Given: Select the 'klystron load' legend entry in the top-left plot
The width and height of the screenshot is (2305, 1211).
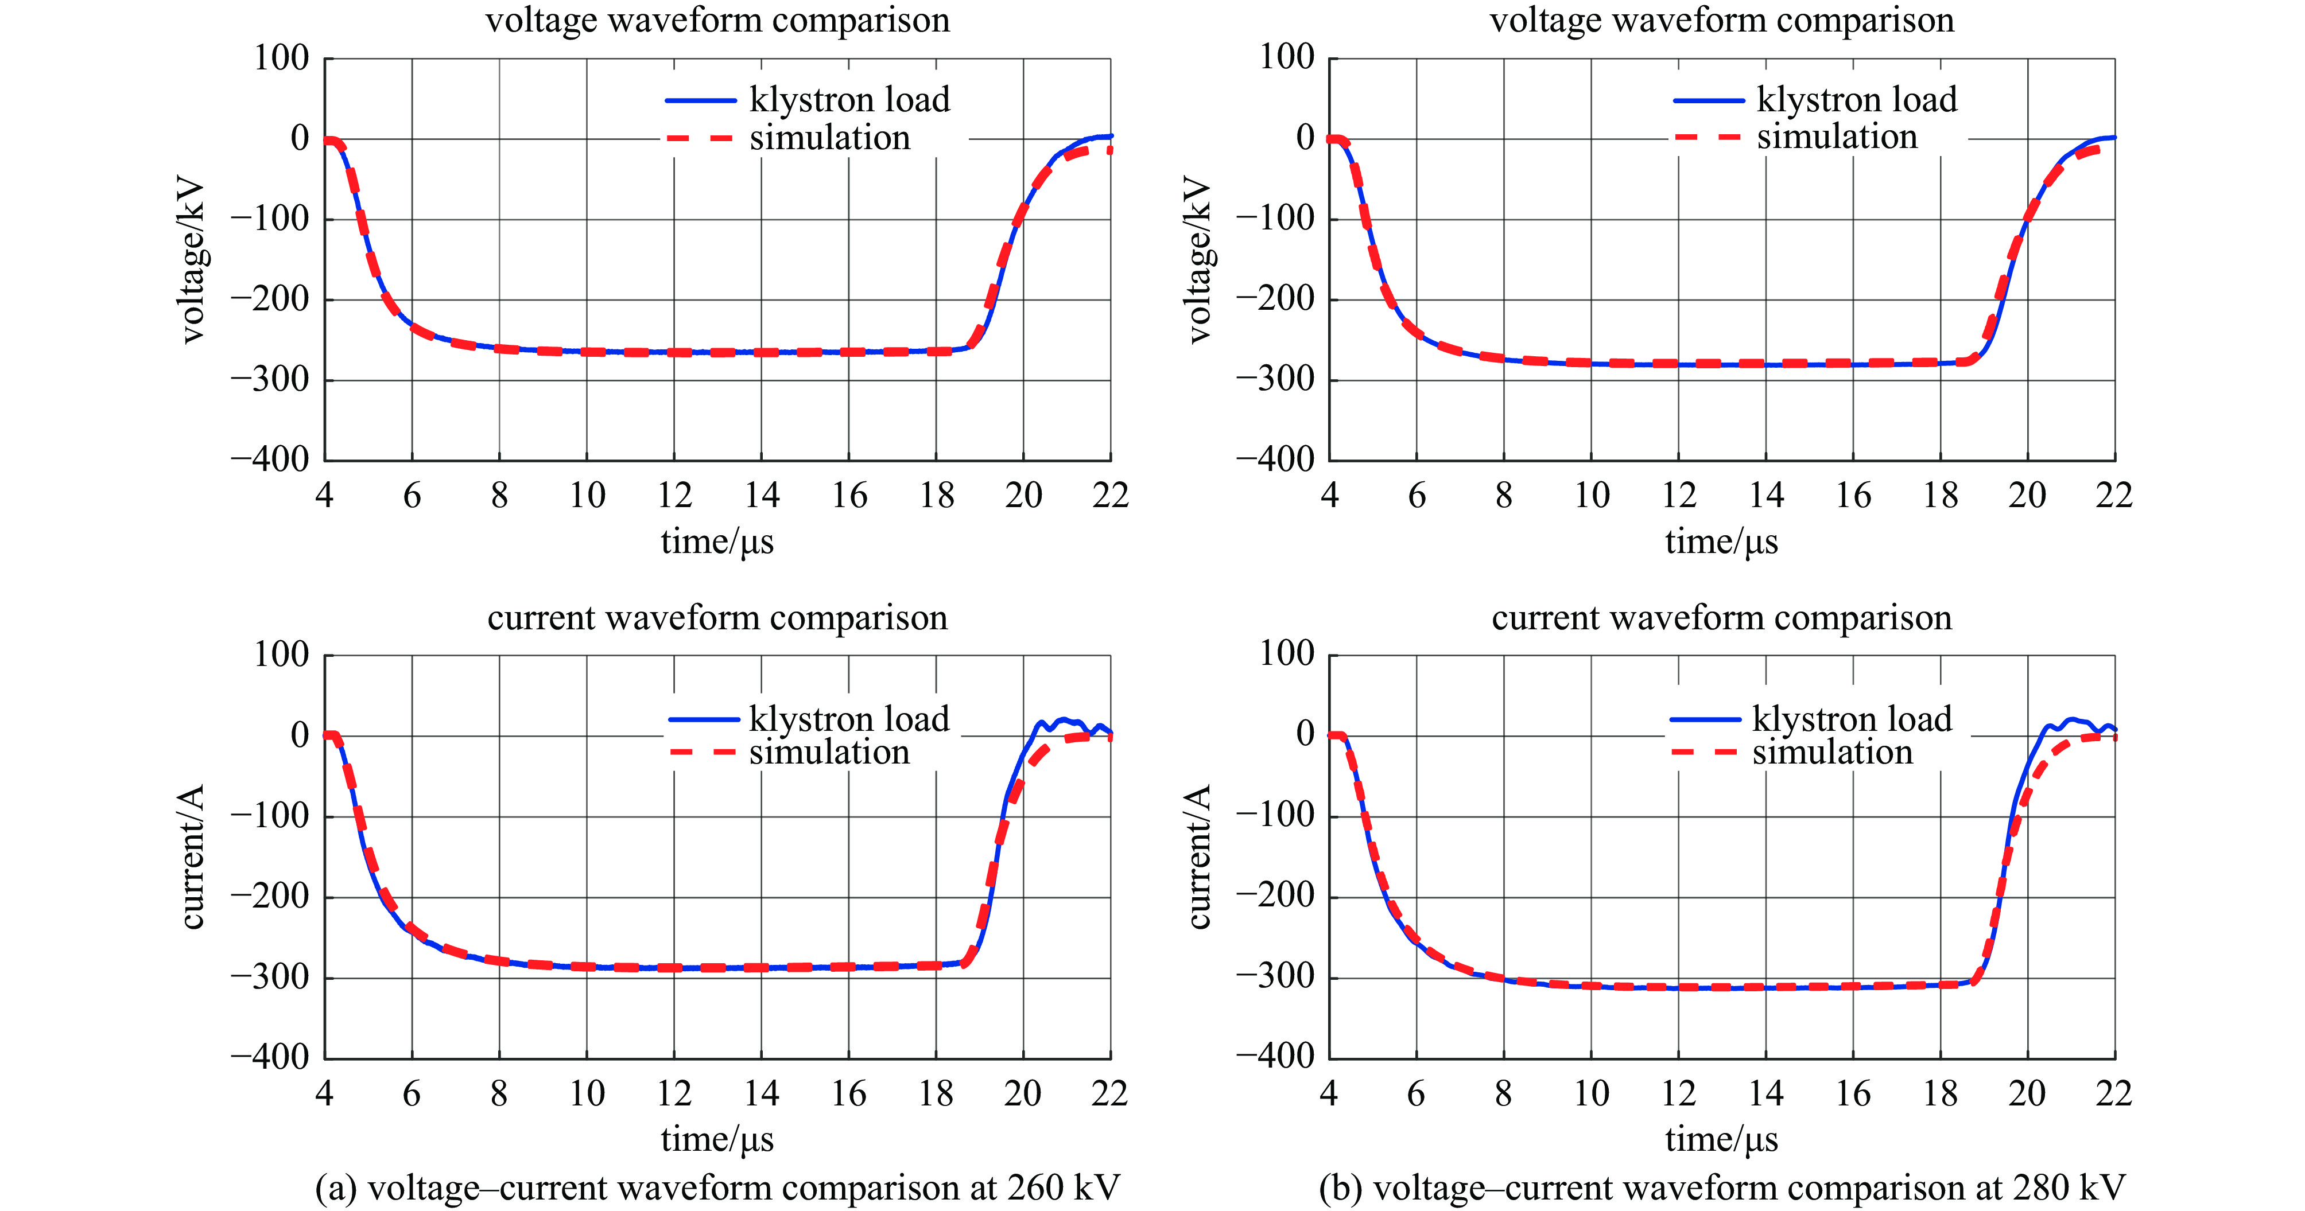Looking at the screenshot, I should [x=848, y=99].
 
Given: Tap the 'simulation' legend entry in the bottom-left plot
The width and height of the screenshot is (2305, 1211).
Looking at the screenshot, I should [x=829, y=752].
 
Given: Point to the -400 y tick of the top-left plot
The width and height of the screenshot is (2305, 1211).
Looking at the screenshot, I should [x=270, y=459].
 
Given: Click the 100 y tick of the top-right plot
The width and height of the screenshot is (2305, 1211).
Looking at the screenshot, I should [x=1287, y=57].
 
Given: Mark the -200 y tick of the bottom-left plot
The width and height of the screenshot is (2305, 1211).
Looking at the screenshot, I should [x=270, y=895].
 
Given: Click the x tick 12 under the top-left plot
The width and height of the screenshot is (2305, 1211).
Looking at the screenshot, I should [x=674, y=494].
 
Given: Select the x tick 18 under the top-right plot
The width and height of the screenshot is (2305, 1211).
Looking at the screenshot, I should [x=1940, y=494].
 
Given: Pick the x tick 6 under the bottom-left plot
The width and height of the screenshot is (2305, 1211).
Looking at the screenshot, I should [x=412, y=1092].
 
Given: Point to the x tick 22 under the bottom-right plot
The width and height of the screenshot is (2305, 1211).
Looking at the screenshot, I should [x=2113, y=1092].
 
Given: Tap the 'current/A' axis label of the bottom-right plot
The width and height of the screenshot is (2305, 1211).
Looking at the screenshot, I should [x=1198, y=857].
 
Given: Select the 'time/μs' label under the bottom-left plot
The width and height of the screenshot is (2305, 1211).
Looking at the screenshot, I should [x=717, y=1139].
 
